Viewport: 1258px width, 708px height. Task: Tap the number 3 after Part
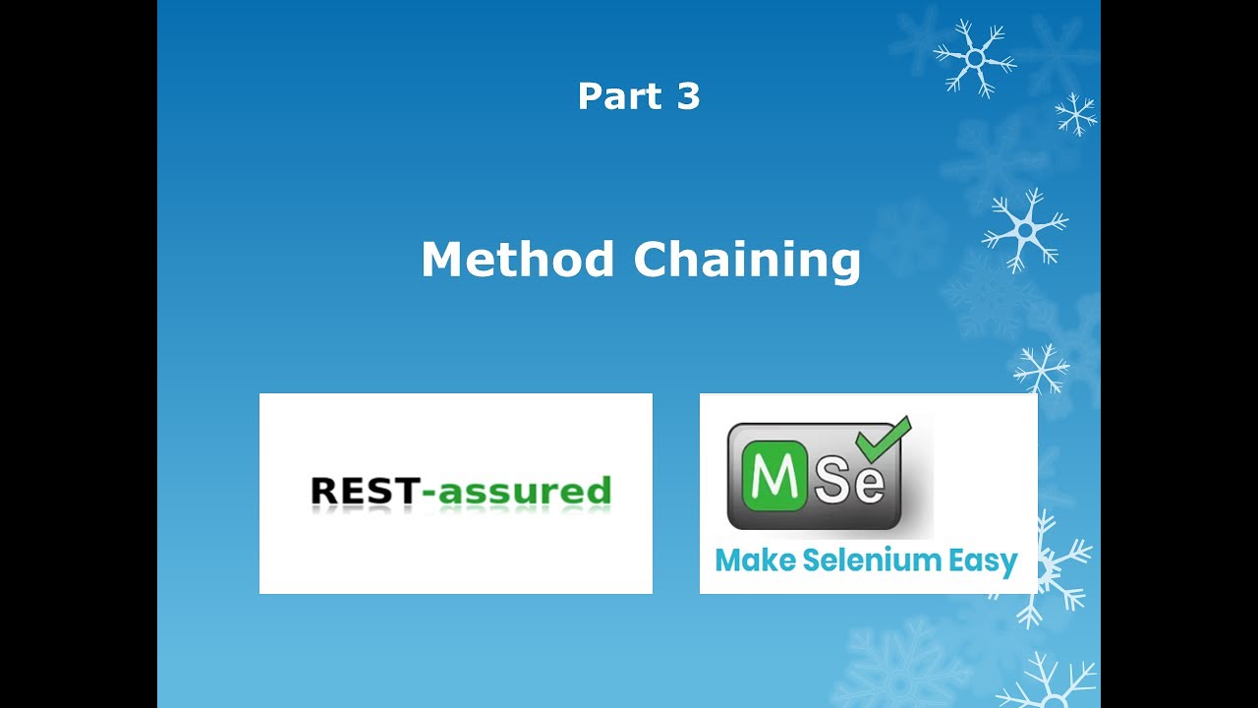688,96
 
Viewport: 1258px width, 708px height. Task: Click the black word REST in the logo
364,490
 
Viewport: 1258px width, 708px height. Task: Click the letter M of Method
442,260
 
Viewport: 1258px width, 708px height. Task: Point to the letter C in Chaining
654,260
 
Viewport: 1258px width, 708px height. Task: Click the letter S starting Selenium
812,560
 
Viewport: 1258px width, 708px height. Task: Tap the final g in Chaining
845,264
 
